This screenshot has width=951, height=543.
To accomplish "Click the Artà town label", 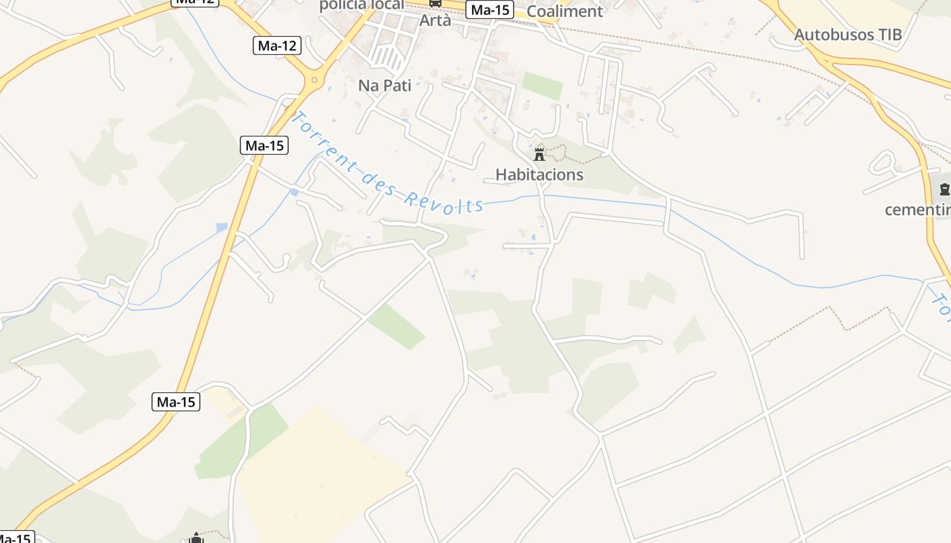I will pyautogui.click(x=435, y=20).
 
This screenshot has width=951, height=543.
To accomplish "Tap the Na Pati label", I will pyautogui.click(x=384, y=86).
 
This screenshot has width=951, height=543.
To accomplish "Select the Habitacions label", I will pyautogui.click(x=539, y=174).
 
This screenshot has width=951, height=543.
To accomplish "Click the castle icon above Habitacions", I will pyautogui.click(x=539, y=154).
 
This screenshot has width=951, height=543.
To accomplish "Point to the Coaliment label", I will pyautogui.click(x=564, y=11).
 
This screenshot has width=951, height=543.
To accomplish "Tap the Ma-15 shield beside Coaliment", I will pyautogui.click(x=490, y=10).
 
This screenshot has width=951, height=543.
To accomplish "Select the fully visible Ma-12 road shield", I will pyautogui.click(x=278, y=45).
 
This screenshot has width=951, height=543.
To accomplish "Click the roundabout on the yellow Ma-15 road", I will pyautogui.click(x=314, y=80).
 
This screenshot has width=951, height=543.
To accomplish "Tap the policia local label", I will pyautogui.click(x=361, y=5).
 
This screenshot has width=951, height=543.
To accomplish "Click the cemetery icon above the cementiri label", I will pyautogui.click(x=944, y=189).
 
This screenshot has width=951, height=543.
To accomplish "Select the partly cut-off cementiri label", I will pyautogui.click(x=917, y=210).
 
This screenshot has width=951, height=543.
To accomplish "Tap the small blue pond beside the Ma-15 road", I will pyautogui.click(x=221, y=227).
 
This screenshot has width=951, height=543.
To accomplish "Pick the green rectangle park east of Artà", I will pyautogui.click(x=542, y=86).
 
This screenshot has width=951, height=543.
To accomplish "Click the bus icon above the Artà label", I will pyautogui.click(x=435, y=3).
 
